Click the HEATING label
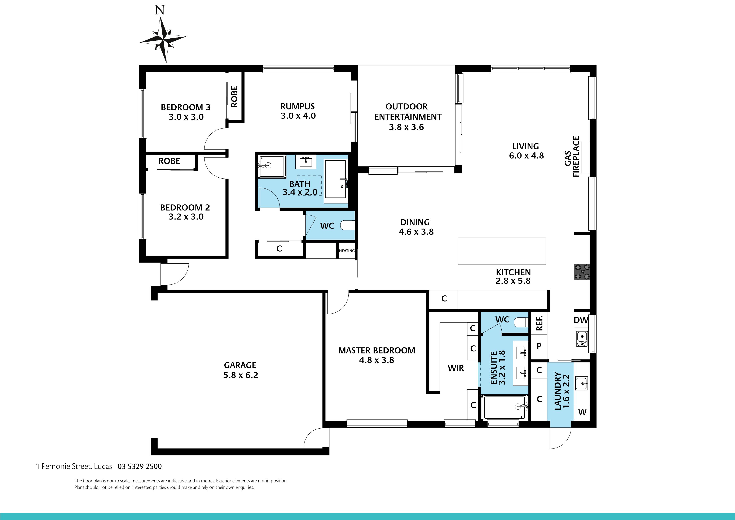pos(347,251)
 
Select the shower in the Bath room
pos(272,166)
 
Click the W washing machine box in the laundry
pos(582,412)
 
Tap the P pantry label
pos(539,346)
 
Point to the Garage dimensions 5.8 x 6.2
pos(240,375)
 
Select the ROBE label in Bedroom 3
pos(234,96)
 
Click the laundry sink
pos(581,383)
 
